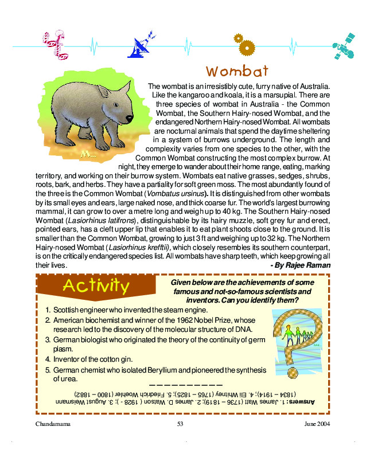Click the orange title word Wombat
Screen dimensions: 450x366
click(x=237, y=72)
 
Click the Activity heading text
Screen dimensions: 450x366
click(x=96, y=284)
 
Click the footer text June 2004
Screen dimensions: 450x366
click(x=318, y=424)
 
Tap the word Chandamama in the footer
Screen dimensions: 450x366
click(x=52, y=424)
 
